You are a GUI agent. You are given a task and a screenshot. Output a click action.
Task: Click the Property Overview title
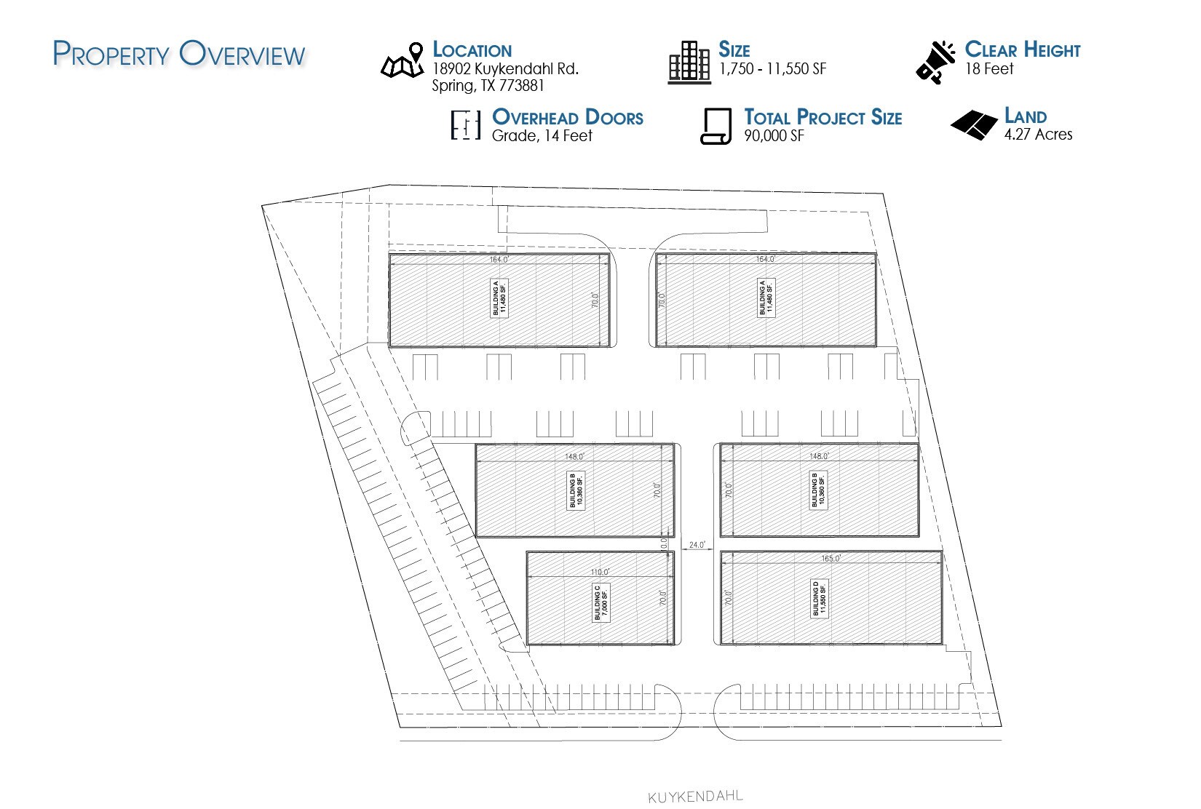(x=179, y=55)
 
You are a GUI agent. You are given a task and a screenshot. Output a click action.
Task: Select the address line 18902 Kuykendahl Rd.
(x=505, y=69)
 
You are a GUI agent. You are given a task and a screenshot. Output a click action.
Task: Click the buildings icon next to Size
(x=689, y=62)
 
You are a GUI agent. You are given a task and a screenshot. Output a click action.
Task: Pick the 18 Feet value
(x=988, y=69)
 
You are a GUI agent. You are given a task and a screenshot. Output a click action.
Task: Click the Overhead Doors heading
(x=568, y=117)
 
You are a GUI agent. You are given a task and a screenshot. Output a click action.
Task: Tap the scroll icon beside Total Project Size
(x=716, y=127)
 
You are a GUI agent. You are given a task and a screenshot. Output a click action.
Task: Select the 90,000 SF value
(x=774, y=136)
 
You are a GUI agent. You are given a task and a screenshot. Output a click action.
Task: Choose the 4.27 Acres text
(x=1038, y=135)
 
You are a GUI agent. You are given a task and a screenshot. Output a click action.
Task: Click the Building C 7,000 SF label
(x=600, y=602)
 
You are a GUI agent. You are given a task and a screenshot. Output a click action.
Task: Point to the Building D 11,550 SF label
(x=820, y=598)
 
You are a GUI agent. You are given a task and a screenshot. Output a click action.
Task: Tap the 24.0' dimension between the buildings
(x=697, y=544)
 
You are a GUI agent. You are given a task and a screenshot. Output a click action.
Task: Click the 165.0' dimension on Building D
(x=831, y=559)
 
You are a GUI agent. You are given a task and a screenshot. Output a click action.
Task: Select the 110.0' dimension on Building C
(x=600, y=572)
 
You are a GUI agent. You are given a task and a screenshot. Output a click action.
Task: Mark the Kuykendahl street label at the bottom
(x=695, y=797)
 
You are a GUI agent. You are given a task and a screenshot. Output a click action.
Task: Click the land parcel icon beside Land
(x=974, y=124)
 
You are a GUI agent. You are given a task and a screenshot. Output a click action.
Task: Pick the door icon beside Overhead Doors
(x=466, y=125)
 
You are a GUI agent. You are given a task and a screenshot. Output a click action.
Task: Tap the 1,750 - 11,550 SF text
(x=772, y=69)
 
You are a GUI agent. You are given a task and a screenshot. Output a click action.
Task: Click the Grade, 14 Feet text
(x=542, y=136)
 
